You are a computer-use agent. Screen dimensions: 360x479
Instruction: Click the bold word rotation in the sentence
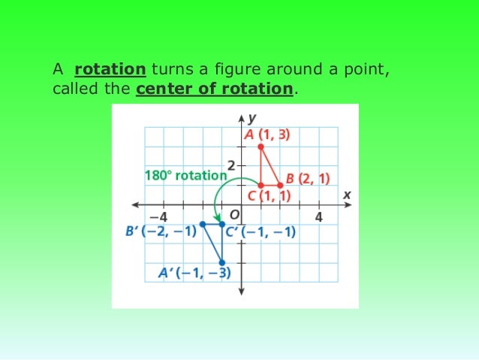pos(110,70)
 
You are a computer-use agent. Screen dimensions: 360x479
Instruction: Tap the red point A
pos(261,146)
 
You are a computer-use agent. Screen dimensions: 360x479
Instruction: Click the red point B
pos(280,185)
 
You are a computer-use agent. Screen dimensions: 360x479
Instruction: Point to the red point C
pos(261,185)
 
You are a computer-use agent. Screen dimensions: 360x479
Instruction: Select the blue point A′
pos(221,262)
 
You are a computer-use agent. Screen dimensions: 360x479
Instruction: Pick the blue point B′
pos(202,224)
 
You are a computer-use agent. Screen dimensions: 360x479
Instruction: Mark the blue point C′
pos(221,224)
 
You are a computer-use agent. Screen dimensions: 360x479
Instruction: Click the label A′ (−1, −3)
pos(194,274)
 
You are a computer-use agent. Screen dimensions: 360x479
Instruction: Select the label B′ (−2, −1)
pos(160,231)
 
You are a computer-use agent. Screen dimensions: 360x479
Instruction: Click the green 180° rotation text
pos(184,175)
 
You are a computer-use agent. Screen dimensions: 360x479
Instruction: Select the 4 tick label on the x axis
pos(318,216)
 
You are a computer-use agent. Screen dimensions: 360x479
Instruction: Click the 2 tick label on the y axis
pos(231,165)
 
